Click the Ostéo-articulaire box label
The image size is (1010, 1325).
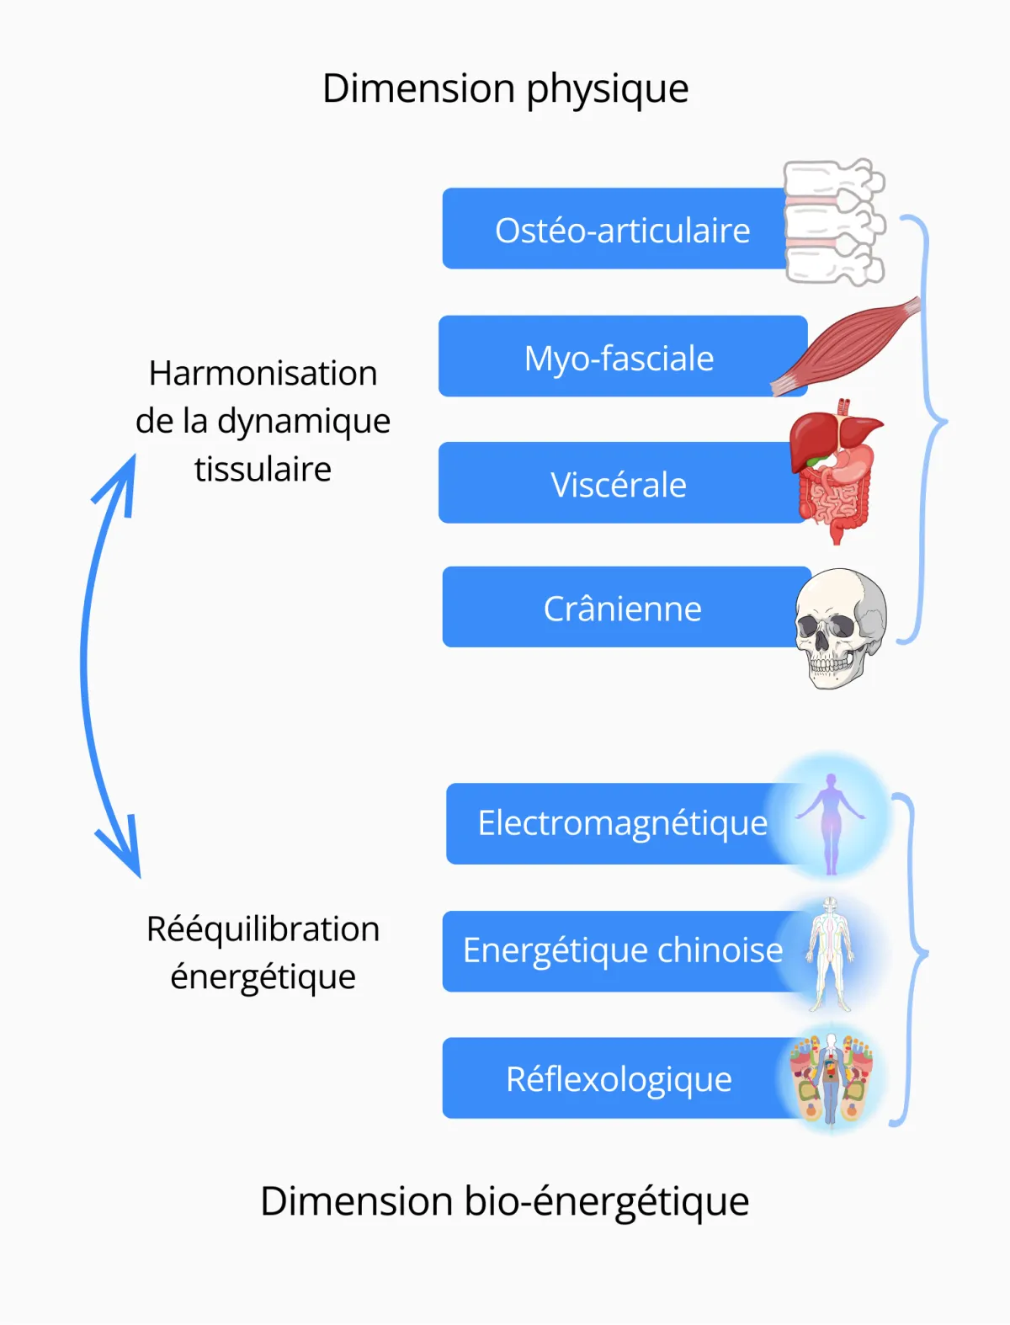coord(622,231)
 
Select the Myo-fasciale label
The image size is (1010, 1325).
coord(619,359)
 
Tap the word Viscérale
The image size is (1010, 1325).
coord(619,485)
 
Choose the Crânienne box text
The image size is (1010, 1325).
coord(622,609)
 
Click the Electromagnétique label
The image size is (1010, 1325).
coord(622,823)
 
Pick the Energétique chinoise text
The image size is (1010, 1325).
coord(622,950)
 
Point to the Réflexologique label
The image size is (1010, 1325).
coord(619,1079)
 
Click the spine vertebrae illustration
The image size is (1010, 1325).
coord(832,222)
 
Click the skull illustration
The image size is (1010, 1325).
coord(840,626)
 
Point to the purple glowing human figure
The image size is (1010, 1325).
coord(831,821)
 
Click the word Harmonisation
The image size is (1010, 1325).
coord(263,373)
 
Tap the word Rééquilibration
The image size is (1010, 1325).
coord(263,929)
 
